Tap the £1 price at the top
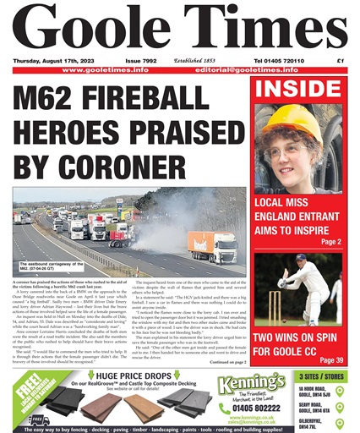click(341, 61)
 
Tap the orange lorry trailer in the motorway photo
click(212, 245)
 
